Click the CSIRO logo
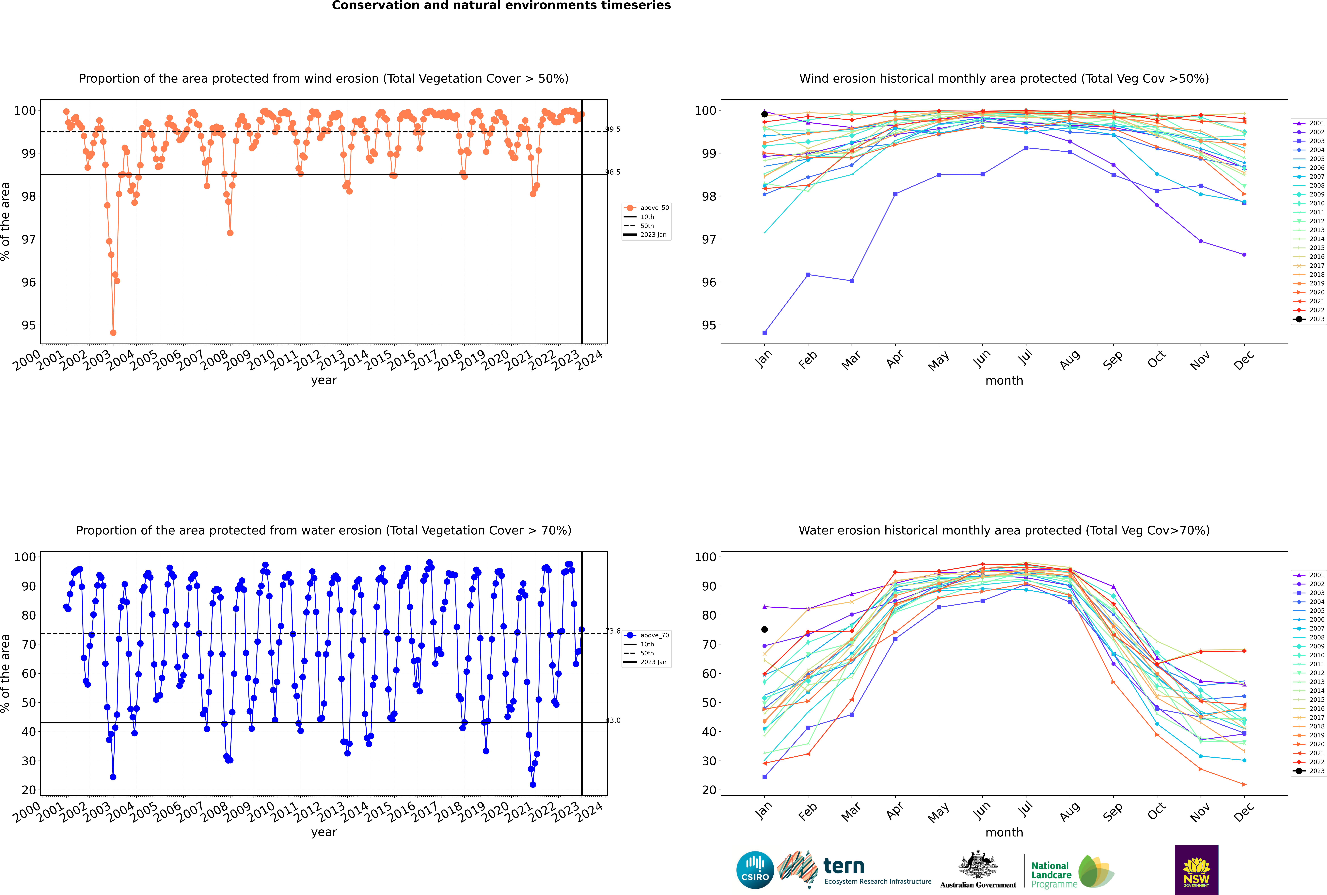[x=755, y=870]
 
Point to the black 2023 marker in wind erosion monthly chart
[x=765, y=114]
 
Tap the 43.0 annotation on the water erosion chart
[x=613, y=720]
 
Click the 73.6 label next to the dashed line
[x=613, y=631]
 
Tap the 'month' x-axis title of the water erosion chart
[x=1004, y=832]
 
